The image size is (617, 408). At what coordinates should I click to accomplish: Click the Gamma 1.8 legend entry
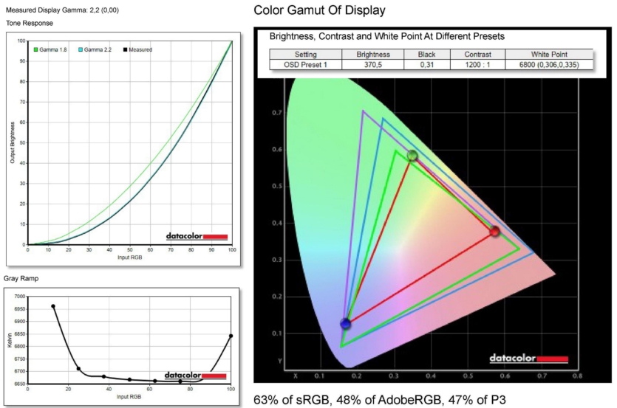point(52,49)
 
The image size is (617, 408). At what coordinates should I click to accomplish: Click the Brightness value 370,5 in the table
point(373,65)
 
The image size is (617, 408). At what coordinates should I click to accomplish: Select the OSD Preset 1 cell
point(305,65)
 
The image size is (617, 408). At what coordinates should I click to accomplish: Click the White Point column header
point(550,54)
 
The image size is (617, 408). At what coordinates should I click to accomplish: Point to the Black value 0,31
point(426,65)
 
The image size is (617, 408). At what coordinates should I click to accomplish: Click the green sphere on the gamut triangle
point(412,156)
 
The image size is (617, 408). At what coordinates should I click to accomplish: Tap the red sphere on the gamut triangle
point(494,232)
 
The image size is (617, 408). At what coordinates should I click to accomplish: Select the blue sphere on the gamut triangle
point(345,323)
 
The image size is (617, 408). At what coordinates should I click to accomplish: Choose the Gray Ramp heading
point(23,278)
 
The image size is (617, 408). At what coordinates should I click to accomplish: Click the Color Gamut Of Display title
point(319,10)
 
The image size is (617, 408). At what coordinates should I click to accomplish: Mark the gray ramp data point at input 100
point(231,336)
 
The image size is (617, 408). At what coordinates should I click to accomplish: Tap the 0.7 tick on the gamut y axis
point(277,113)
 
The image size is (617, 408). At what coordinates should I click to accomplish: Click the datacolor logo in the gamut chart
point(528,359)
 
